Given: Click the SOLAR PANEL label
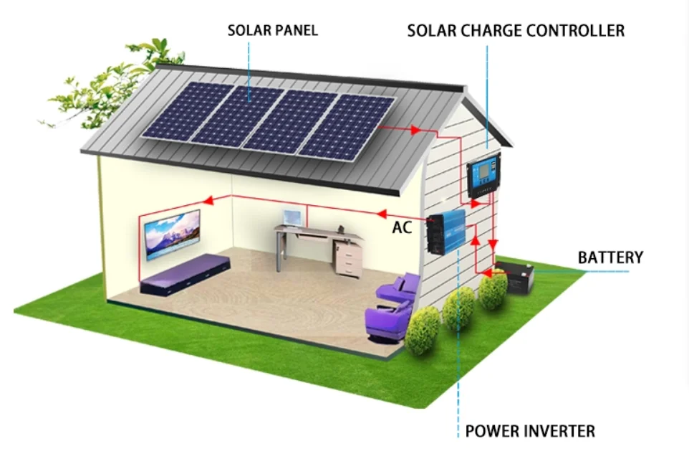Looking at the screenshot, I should (272, 30).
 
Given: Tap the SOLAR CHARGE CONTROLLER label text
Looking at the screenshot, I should (516, 30).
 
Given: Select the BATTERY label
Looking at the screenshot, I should (610, 257).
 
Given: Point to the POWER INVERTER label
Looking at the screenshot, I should (530, 431).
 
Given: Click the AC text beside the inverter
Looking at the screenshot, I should (402, 228).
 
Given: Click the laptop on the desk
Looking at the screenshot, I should (292, 217).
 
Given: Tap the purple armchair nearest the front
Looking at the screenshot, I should (388, 321).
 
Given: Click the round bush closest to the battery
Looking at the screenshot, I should (493, 290).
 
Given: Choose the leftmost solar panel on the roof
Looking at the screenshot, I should (188, 110).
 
